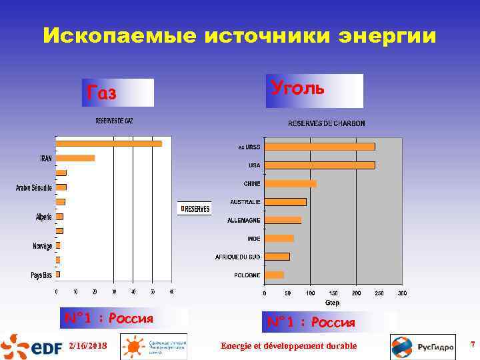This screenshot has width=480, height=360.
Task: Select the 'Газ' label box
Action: pos(116,93)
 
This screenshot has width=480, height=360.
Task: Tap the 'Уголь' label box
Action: pos(314,91)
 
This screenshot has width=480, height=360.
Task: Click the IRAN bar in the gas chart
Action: pos(75,158)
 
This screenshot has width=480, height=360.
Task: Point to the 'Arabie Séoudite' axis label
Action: pos(34,188)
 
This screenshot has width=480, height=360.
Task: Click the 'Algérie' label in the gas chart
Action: pos(44,217)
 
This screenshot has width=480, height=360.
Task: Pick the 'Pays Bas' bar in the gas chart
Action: pos(58,274)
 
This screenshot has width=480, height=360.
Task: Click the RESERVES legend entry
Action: pos(195,209)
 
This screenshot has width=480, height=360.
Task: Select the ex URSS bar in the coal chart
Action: pos(319,147)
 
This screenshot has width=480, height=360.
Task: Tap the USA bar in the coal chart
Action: pos(319,165)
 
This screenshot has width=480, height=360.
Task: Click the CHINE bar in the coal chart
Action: pos(290,183)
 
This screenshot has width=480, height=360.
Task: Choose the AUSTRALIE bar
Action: pos(285,202)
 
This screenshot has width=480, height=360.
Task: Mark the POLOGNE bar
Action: pos(274,275)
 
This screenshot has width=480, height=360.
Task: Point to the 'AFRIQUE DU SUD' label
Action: pos(237,257)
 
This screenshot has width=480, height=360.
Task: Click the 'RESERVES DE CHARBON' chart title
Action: pos(326,123)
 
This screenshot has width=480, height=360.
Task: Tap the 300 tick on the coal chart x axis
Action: pos(402,293)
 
